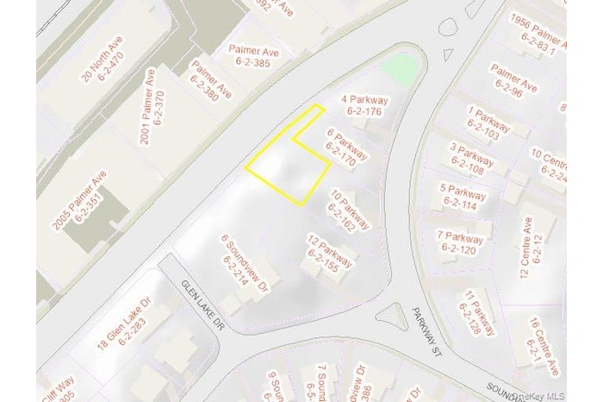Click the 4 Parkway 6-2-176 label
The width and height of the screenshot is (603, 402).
tap(364, 105)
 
